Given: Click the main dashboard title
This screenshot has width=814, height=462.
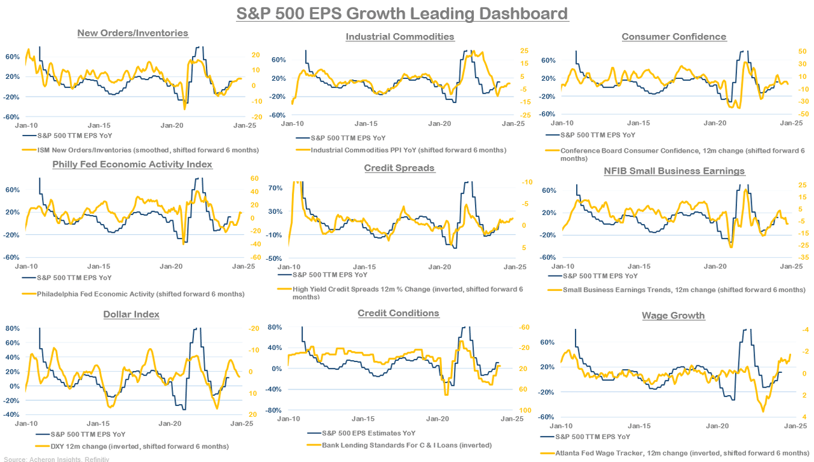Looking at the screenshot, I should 402,13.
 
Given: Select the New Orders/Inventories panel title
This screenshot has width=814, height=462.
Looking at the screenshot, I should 132,33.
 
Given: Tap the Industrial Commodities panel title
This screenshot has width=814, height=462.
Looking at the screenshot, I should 400,36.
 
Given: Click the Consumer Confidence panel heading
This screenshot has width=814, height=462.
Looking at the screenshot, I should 673,36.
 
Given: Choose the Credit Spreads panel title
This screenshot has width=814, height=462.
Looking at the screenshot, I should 399,168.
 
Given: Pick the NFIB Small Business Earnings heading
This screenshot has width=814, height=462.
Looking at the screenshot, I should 674,171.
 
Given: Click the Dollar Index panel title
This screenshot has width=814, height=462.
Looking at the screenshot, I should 131,314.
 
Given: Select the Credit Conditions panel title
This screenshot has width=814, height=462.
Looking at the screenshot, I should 398,313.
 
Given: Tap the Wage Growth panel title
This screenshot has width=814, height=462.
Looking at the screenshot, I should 673,316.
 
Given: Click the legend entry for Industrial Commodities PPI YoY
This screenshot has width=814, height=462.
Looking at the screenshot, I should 408,150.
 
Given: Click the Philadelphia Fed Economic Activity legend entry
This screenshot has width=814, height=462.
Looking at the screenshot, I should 141,294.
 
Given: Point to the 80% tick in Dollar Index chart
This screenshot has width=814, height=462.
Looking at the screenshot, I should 12,328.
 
